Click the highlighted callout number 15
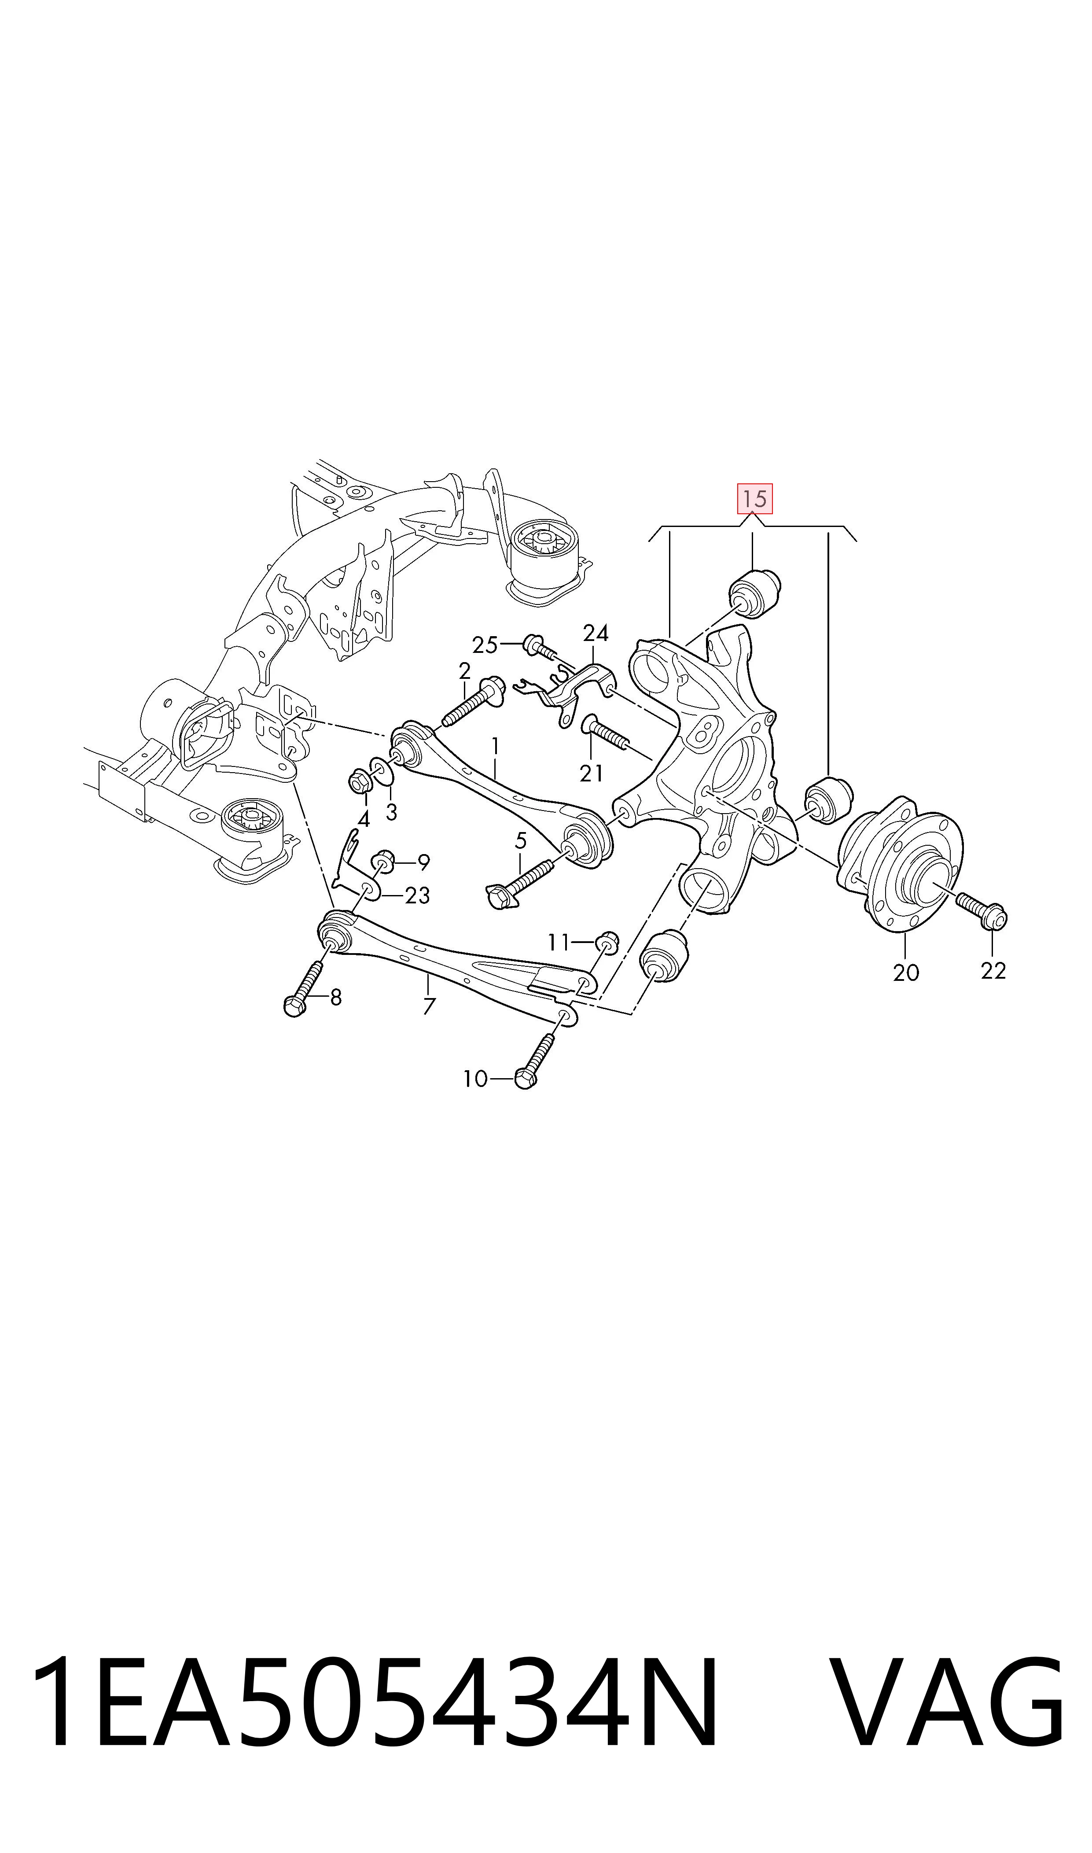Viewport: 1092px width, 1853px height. tap(755, 499)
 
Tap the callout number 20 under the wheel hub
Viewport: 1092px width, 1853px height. tap(906, 973)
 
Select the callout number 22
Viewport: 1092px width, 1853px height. tap(993, 971)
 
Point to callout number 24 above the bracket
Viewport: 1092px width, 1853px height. tap(596, 633)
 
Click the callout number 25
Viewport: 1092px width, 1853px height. tap(485, 645)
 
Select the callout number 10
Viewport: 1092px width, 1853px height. tap(475, 1079)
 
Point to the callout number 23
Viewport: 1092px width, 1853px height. tap(417, 895)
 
